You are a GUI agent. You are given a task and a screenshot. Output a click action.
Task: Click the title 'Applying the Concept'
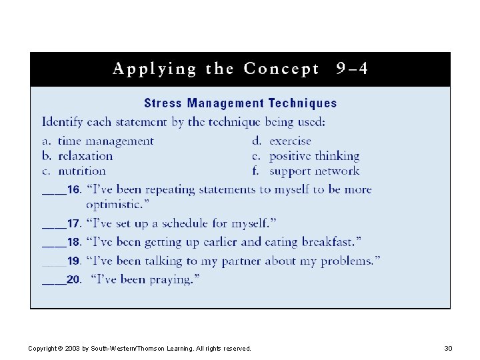[x=216, y=69]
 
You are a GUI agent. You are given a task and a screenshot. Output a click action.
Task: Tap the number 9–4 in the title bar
[x=352, y=69]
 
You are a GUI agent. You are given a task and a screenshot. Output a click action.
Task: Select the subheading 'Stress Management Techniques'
[x=240, y=103]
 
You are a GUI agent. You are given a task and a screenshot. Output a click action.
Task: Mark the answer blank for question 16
[x=53, y=191]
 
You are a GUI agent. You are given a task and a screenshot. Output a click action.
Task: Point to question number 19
[x=73, y=261]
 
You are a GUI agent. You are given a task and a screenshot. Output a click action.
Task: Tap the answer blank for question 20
[x=53, y=281]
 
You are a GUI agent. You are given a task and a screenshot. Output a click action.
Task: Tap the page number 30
[x=447, y=349]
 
